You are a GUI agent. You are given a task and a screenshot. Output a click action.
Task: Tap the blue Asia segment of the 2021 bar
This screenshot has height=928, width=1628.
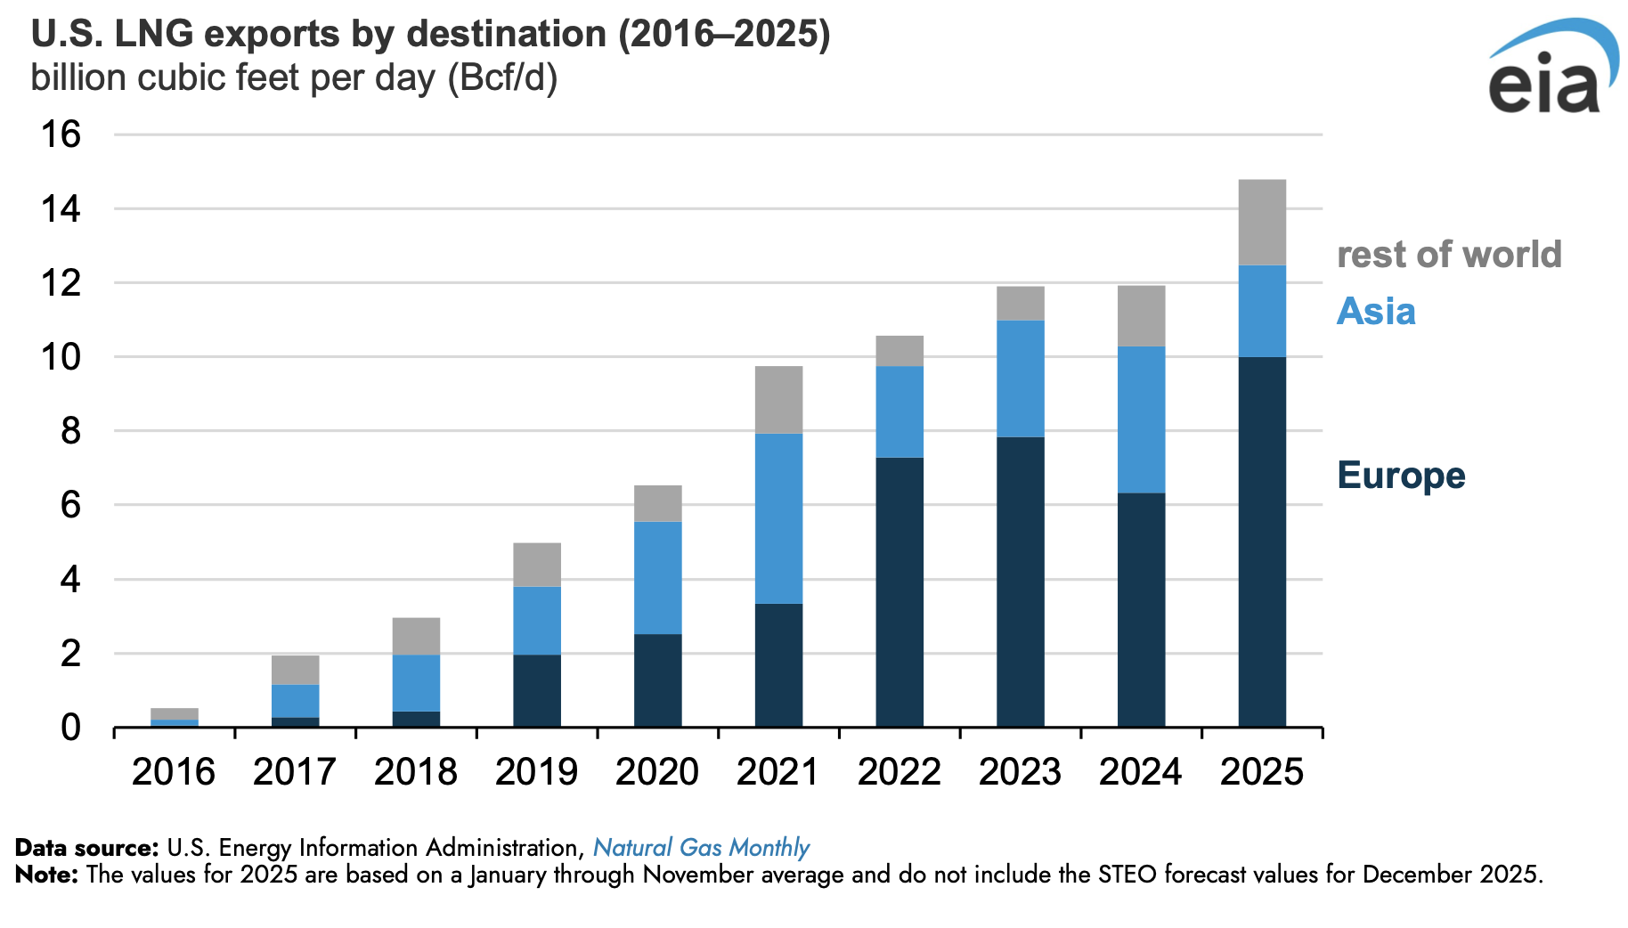778,518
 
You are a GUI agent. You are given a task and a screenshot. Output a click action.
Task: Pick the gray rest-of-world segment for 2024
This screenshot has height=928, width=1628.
1141,316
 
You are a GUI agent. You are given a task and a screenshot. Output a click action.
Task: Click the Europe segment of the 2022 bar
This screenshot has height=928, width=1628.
899,592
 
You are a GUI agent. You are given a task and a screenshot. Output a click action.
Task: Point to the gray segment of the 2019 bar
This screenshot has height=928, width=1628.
537,565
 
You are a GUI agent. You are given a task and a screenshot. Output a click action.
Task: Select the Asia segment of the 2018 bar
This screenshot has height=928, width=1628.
416,683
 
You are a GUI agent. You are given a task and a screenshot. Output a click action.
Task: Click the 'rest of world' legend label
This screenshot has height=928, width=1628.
1449,255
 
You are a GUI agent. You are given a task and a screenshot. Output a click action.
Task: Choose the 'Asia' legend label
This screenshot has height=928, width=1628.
1376,312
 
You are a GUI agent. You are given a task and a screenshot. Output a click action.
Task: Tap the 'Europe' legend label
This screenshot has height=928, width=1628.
1401,476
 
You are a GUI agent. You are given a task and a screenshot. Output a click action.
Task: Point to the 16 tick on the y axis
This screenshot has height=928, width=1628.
61,135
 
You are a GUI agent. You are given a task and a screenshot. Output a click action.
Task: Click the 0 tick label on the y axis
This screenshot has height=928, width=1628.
70,728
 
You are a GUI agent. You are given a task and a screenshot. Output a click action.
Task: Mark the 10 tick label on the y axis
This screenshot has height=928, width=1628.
61,357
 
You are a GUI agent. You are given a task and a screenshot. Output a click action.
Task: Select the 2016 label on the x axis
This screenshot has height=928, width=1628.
174,771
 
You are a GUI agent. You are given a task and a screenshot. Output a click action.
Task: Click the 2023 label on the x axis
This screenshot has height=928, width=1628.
1020,771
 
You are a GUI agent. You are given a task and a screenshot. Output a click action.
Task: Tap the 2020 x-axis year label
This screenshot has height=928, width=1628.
657,771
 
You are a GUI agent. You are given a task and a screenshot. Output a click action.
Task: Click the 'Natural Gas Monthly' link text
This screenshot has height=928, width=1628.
701,847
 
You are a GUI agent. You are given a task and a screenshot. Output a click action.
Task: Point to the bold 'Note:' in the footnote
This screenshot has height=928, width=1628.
46,875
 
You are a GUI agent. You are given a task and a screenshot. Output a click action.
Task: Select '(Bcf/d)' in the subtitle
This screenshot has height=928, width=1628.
502,78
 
